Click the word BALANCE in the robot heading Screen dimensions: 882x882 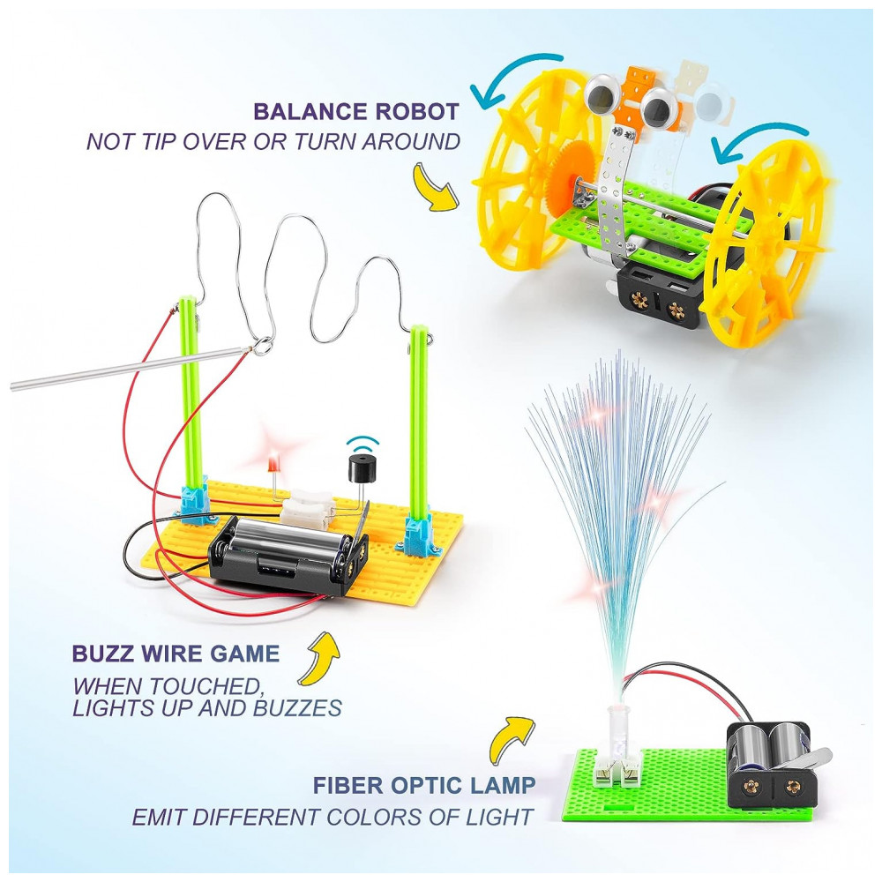310,111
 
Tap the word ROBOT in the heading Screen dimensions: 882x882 417,111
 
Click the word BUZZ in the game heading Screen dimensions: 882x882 103,654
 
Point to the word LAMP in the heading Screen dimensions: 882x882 504,785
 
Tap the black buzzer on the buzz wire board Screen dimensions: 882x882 360,468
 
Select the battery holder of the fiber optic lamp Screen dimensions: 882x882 772,763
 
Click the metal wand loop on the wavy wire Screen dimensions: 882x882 262,346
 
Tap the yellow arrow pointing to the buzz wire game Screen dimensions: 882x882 319,658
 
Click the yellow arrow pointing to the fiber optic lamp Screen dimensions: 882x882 511,740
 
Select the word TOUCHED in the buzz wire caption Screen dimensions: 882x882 206,686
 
